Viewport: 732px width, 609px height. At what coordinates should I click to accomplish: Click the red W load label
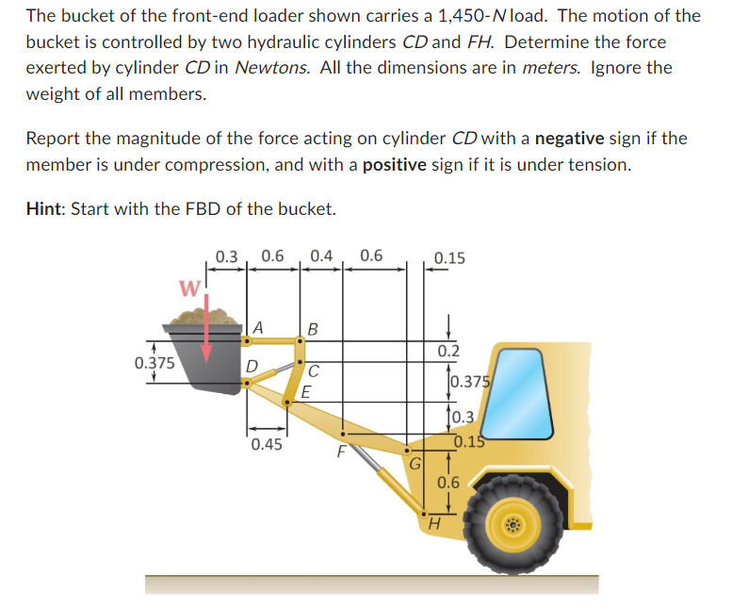189,288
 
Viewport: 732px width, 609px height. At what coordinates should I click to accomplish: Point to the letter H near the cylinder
434,524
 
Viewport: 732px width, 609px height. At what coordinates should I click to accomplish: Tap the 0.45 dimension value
267,444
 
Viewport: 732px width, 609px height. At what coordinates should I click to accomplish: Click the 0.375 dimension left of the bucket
154,362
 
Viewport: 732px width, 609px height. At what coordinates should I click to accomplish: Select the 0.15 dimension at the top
449,257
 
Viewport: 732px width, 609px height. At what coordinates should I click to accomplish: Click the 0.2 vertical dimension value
448,351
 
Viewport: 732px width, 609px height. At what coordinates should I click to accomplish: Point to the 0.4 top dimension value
320,255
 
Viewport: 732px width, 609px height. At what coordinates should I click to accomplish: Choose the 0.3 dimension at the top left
227,255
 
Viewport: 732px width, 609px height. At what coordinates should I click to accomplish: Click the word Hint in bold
46,207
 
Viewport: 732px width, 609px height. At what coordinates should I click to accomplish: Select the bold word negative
569,139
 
